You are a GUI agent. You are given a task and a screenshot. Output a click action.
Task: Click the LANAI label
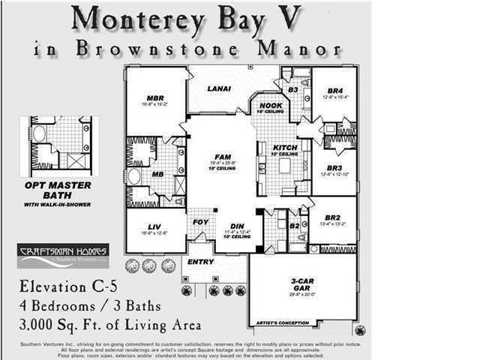pos(219,89)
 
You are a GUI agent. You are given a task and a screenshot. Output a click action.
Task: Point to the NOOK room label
pos(271,106)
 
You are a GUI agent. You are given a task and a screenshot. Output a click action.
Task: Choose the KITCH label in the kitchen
pos(285,148)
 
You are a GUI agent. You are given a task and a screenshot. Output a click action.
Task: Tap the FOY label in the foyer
pos(200,222)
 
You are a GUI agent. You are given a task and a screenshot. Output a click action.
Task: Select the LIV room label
pos(155,226)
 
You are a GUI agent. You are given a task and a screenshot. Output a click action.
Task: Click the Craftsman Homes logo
pos(64,255)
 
